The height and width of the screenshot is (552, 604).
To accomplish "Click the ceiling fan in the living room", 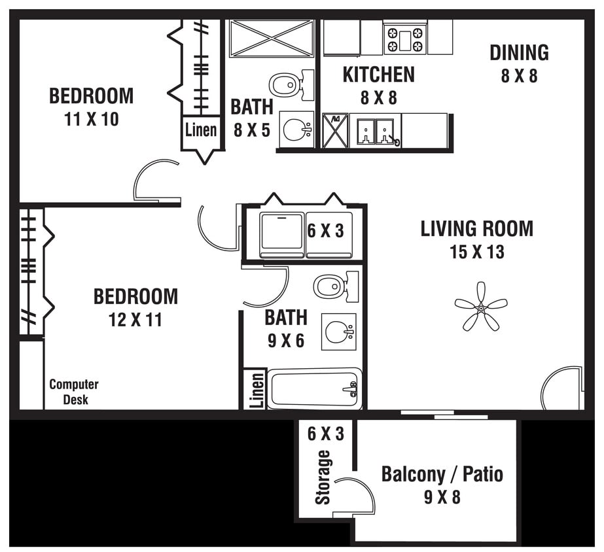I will point(481,306).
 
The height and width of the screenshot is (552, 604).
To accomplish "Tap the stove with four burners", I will point(405,39).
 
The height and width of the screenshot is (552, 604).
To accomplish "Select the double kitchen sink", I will point(375,131).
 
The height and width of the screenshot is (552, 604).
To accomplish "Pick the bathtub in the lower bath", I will point(314,390).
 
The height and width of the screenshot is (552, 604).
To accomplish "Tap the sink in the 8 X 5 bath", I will point(296,129).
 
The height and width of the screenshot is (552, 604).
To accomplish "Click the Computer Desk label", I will point(74,392).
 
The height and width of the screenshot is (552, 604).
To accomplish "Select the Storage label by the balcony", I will point(323,477).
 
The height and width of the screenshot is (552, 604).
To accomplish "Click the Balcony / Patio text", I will point(442,474).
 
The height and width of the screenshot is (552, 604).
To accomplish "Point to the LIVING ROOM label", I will point(476,228).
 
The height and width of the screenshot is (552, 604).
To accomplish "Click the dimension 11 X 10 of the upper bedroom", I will point(92,120).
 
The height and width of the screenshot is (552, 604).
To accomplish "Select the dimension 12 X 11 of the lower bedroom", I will point(135,320).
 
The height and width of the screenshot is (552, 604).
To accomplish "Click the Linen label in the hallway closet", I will point(201,129).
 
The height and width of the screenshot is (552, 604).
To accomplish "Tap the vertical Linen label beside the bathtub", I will point(257,390).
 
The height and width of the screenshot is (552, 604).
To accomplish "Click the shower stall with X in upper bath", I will point(272,39).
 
